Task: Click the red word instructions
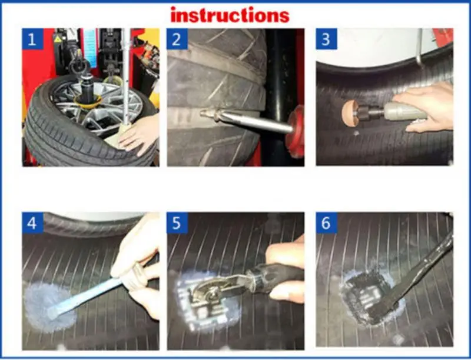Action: (230, 14)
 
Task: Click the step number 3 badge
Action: (326, 41)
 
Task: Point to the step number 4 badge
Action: (33, 224)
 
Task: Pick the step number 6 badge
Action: (326, 224)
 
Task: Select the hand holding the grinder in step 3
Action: (427, 106)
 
